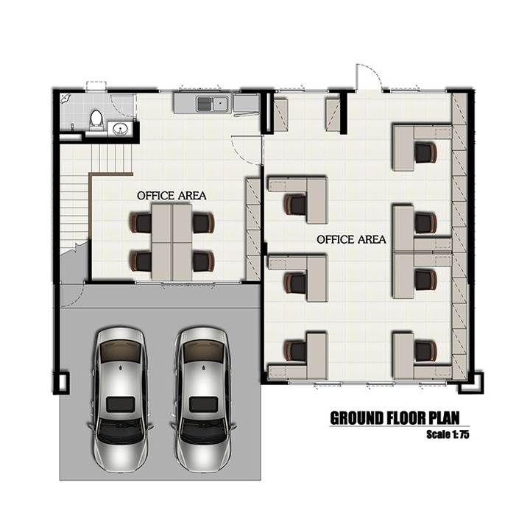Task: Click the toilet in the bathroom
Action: [96, 120]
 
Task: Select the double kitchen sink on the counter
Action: [213, 104]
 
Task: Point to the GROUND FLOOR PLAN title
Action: [395, 418]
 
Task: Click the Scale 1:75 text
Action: [448, 434]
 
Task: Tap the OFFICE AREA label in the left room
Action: [172, 196]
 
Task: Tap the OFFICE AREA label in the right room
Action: [351, 240]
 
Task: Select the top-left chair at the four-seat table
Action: [141, 222]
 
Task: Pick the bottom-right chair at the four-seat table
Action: [203, 261]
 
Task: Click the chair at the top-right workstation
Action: [425, 152]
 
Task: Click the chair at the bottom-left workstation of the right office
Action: [295, 351]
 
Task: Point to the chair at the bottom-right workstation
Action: [425, 351]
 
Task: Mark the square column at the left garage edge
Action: [62, 383]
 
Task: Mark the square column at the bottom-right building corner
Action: [470, 383]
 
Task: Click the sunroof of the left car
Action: [121, 405]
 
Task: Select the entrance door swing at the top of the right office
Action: [369, 77]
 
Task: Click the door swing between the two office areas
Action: [246, 149]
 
